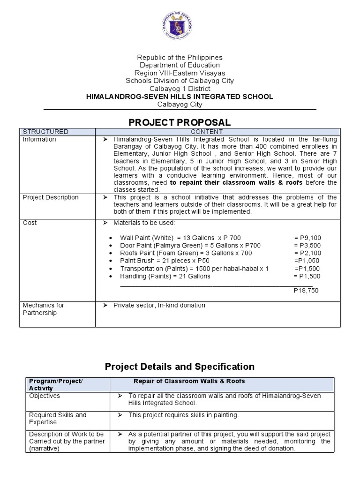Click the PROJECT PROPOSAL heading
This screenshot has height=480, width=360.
pos(180,122)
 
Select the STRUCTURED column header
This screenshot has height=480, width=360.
pos(45,132)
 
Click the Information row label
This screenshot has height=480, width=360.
pos(39,139)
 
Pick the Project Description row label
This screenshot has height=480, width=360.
pos(51,197)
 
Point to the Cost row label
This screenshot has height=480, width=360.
pos(30,223)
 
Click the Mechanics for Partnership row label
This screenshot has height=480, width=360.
pos(44,309)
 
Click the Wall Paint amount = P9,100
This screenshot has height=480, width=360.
pos(307,238)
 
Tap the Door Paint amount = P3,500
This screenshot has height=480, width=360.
pos(307,246)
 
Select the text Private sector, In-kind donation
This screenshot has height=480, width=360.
pos(159,305)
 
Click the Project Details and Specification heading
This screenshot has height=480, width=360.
pos(180,367)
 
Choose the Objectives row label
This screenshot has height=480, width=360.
pos(45,396)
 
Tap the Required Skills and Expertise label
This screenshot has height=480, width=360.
pos(58,419)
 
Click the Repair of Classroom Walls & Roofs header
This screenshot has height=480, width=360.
pos(189,381)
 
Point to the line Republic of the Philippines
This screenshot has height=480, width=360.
pos(180,57)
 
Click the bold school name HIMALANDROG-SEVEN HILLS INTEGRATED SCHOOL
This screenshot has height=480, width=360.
pos(180,97)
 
